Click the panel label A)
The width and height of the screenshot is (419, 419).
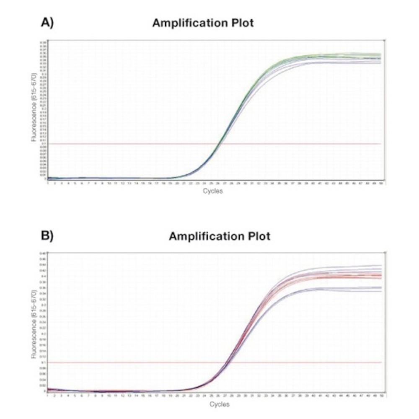tap(47, 23)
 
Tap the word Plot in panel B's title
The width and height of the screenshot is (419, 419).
tap(256, 236)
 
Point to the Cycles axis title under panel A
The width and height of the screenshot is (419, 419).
tap(213, 191)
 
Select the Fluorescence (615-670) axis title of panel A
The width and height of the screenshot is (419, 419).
tap(35, 107)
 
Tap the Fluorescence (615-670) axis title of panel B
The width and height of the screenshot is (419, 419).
tap(35, 323)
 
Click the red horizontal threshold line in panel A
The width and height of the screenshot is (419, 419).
tap(126, 144)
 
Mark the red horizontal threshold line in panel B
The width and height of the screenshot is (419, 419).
tap(126, 362)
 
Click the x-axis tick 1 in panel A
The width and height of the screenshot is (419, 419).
tap(48, 183)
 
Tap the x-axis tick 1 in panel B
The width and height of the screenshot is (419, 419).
tap(48, 396)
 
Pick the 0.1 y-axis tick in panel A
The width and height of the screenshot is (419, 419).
tap(44, 144)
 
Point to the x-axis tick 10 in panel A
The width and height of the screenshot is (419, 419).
tap(109, 183)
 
